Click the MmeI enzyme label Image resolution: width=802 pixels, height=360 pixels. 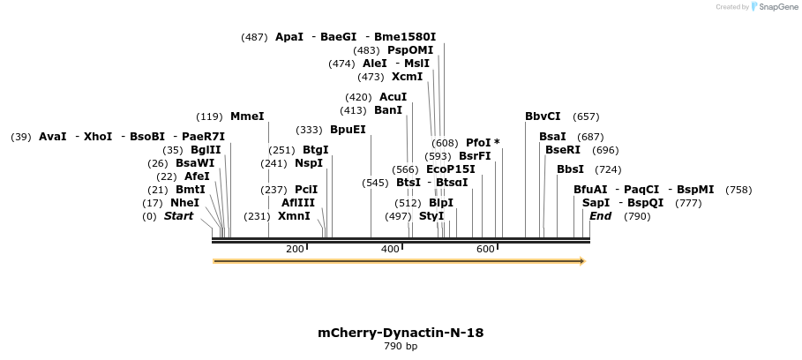[247, 116]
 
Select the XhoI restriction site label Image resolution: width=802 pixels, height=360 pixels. [98, 137]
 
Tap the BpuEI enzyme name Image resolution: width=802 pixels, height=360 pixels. [348, 130]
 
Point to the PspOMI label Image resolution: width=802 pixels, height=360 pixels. [410, 50]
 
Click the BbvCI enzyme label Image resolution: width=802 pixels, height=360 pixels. [543, 116]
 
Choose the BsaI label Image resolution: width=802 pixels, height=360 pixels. [553, 137]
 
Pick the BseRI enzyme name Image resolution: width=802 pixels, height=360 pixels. [563, 150]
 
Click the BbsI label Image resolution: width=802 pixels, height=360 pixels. [570, 169]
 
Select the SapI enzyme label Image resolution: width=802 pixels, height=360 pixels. [596, 203]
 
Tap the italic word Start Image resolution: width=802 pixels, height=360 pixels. [178, 216]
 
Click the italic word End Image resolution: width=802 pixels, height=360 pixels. [600, 216]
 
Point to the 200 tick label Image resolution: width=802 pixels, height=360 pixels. [295, 250]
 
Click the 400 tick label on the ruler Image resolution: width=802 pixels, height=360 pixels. [390, 250]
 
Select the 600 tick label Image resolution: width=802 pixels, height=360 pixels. [485, 250]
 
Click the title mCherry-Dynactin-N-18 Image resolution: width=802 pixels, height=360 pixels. [401, 333]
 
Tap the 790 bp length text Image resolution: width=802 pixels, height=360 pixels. [401, 347]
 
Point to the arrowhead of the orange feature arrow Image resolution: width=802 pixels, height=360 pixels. [581, 261]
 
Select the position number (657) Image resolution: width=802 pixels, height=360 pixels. [586, 116]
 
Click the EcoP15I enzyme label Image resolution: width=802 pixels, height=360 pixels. [450, 169]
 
